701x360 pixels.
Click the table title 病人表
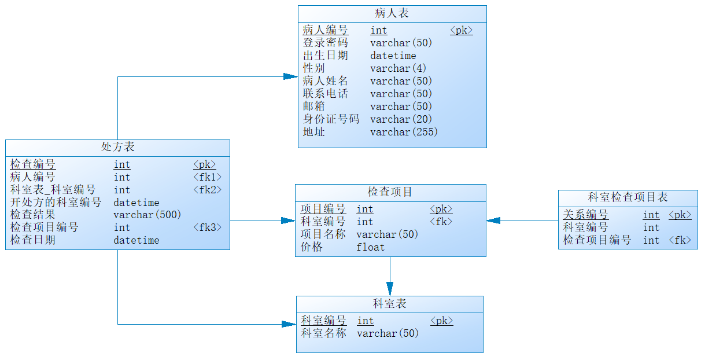392,13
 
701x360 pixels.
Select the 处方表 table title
117,147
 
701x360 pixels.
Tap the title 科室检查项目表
628,197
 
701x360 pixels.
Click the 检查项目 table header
390,192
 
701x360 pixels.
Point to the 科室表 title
389,304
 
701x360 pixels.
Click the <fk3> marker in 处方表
207,227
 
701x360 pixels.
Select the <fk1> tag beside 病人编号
207,177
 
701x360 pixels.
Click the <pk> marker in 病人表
461,30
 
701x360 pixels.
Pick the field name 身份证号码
331,119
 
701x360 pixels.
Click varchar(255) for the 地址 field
404,132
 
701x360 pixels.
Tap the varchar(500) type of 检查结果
147,215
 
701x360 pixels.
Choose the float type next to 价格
370,247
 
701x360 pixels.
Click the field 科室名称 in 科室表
323,333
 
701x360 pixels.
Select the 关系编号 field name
585,215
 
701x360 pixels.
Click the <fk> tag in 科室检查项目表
680,240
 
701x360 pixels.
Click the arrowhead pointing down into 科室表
390,289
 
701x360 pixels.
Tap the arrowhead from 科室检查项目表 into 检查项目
493,221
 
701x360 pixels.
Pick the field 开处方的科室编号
56,202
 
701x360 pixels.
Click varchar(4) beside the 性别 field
398,68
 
